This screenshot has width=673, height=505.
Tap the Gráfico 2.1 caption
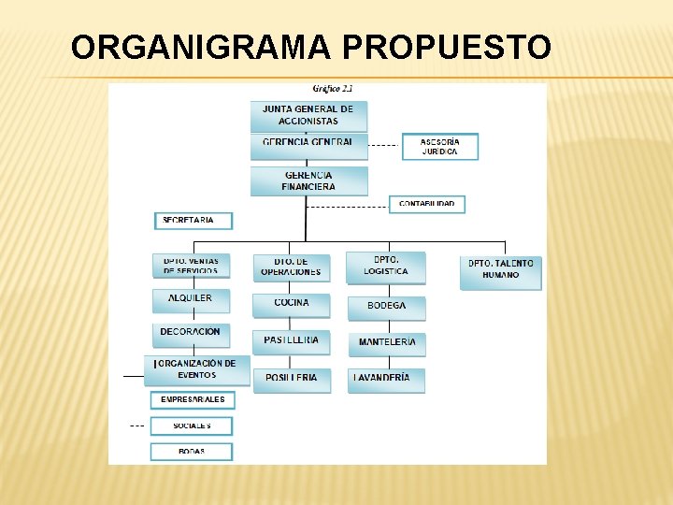tap(333, 89)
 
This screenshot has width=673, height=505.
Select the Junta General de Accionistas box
tap(308, 115)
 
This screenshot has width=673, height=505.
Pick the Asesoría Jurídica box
tap(439, 147)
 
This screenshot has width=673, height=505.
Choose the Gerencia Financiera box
tap(308, 180)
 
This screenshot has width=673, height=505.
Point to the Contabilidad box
tap(426, 204)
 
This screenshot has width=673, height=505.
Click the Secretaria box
tap(193, 221)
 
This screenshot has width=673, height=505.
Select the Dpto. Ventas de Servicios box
tap(191, 266)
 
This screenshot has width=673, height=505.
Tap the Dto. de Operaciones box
tap(292, 267)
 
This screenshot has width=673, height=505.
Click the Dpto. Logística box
tap(386, 267)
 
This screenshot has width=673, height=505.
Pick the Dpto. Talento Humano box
tap(501, 270)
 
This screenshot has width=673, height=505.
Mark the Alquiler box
tap(191, 299)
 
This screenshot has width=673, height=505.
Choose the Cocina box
tap(292, 304)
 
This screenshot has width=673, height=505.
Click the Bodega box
tap(387, 307)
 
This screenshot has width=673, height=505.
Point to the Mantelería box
tap(387, 343)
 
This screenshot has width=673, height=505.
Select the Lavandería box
tap(386, 379)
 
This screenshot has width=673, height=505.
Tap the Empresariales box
tap(193, 400)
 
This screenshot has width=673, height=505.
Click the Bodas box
tap(192, 452)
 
